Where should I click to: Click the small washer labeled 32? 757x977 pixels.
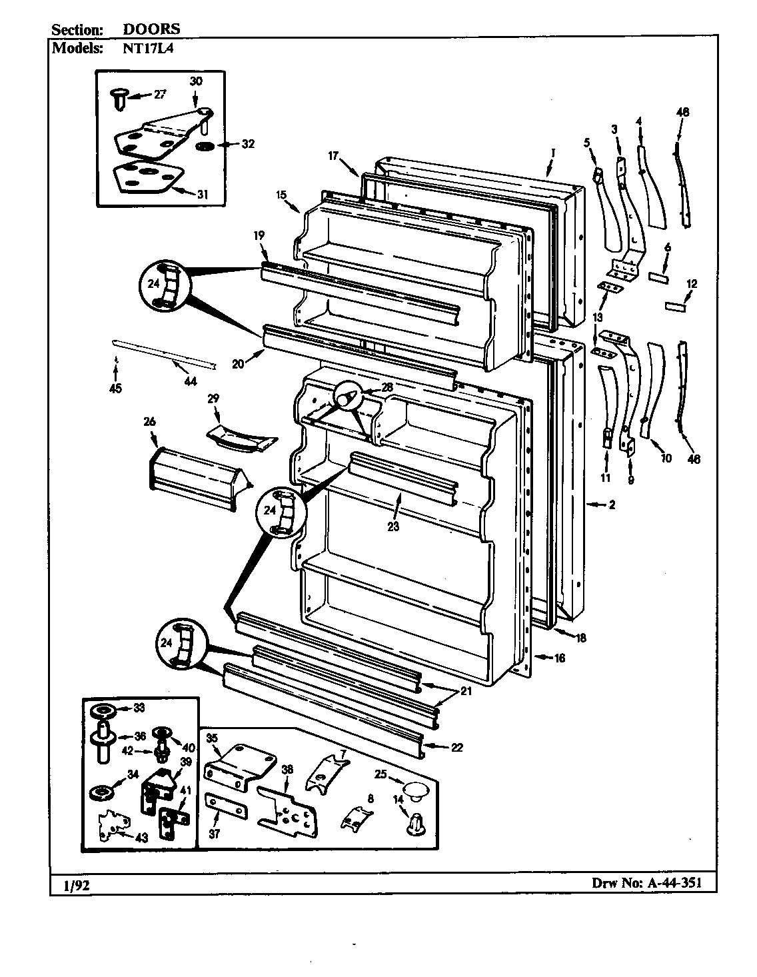205,145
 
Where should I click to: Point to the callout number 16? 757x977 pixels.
559,658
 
